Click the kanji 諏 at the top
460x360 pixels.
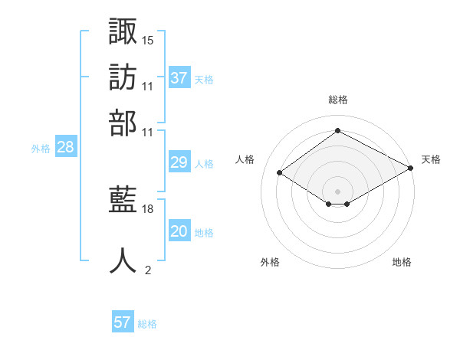click(x=123, y=31)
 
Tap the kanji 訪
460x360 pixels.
click(x=123, y=77)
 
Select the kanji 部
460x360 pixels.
click(x=123, y=123)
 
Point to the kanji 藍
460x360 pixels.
click(x=123, y=199)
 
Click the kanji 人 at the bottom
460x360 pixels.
click(x=123, y=260)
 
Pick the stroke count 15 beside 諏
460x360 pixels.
click(x=147, y=41)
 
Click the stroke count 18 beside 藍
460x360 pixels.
click(x=147, y=209)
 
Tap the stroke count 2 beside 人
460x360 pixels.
click(x=148, y=270)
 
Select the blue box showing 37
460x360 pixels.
click(x=179, y=77)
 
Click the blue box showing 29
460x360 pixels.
click(x=179, y=162)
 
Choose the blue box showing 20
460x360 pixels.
click(x=179, y=230)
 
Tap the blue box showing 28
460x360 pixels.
click(x=66, y=146)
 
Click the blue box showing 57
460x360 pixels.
click(x=123, y=321)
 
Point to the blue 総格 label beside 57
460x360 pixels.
click(x=147, y=324)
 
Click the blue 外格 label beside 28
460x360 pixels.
click(x=41, y=149)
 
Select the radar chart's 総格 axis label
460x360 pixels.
click(x=338, y=100)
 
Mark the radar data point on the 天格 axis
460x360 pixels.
click(x=410, y=168)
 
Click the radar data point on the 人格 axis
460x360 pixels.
click(x=279, y=172)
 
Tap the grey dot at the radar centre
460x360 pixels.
click(x=337, y=191)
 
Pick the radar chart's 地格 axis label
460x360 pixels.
click(x=402, y=262)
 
